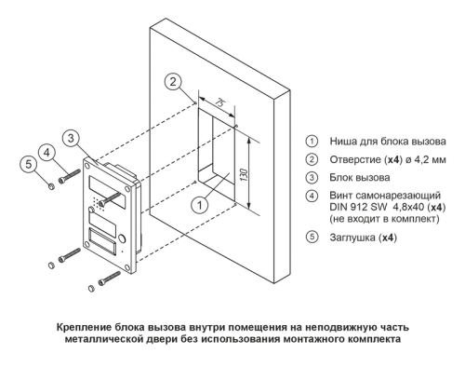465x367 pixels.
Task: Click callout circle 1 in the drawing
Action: (200, 205)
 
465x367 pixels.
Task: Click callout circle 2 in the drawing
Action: (173, 81)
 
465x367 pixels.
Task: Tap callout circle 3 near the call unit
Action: (71, 138)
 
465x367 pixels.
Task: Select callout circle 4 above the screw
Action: (46, 153)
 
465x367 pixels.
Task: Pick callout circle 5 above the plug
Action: (28, 164)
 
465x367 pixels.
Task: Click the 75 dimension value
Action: (219, 102)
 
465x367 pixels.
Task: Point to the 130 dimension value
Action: (245, 175)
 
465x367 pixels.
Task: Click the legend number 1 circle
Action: (312, 142)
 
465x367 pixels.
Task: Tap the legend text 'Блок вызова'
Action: (360, 178)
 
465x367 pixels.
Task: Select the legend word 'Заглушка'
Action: (352, 238)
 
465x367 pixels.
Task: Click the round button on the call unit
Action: (122, 238)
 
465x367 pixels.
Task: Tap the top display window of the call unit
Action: (108, 191)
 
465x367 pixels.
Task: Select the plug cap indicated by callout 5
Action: (51, 186)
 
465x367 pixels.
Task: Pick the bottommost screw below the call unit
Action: (109, 278)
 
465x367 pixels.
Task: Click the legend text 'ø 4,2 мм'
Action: (424, 159)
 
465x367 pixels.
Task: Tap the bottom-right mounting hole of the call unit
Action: (127, 267)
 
